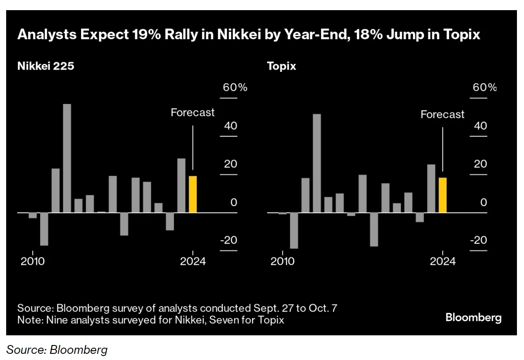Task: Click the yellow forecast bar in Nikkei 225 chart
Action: coord(193,194)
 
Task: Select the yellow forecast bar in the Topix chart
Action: coord(442,195)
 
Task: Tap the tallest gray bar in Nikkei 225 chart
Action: coord(67,158)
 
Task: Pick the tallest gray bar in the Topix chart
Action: coord(317,163)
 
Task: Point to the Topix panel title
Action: coord(281,67)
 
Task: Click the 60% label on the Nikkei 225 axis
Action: coord(235,87)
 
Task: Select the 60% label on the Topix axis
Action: coord(485,87)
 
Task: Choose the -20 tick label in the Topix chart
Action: coord(479,240)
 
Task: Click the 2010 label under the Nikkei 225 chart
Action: coord(33,261)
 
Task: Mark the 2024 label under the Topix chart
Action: coord(442,261)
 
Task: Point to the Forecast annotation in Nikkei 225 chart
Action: coord(193,112)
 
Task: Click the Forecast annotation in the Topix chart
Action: coord(442,115)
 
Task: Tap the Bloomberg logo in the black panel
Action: coord(473,317)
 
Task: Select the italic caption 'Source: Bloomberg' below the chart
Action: coord(57,350)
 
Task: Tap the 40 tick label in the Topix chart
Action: coord(481,126)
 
